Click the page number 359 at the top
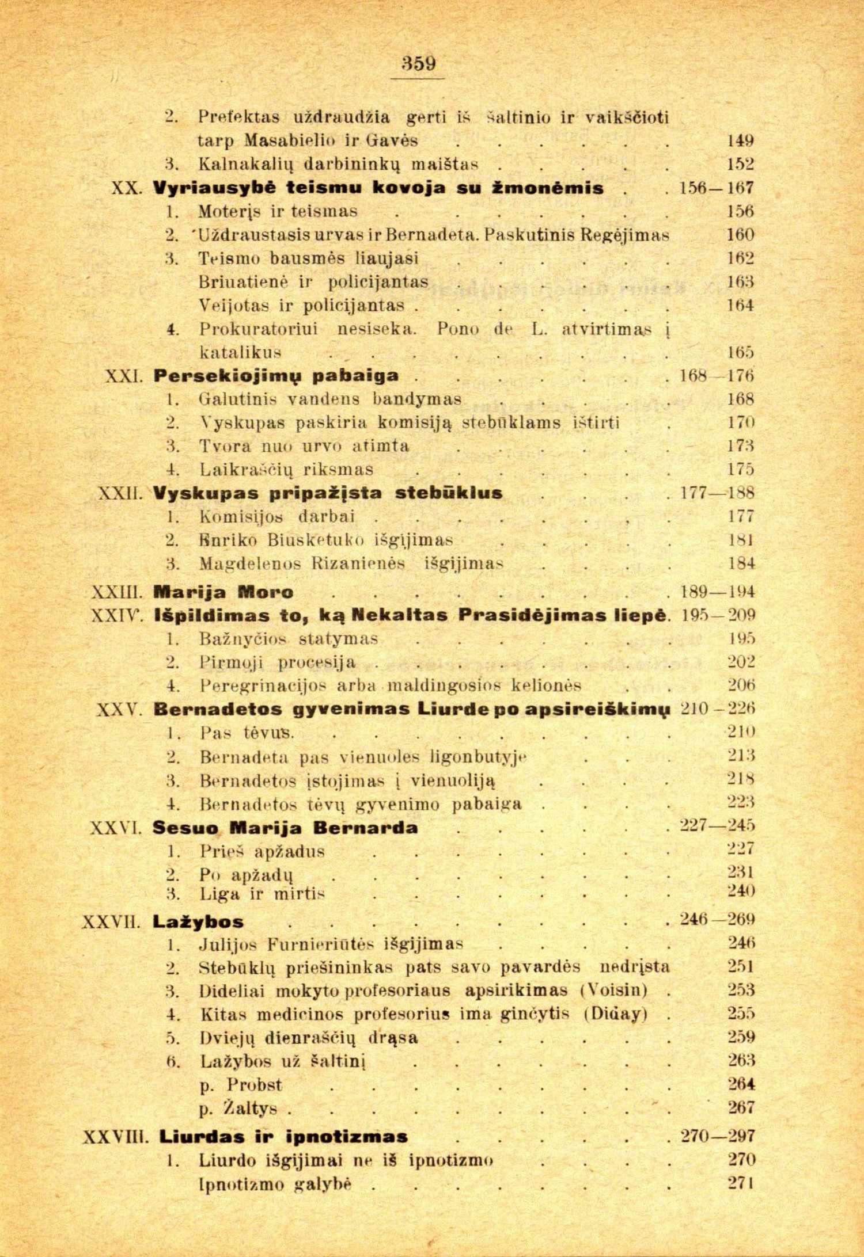(419, 63)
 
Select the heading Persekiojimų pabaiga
(276, 376)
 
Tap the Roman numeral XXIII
(118, 592)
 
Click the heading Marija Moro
(223, 592)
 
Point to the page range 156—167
(717, 188)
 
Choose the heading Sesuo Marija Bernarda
(285, 828)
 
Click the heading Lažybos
(198, 921)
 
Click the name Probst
(254, 1085)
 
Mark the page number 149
(740, 141)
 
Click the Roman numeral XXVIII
(116, 1137)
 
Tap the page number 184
(741, 563)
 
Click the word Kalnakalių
(245, 165)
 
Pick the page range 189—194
(717, 592)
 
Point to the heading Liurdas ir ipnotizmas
(283, 1137)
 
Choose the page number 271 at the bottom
(741, 1184)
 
